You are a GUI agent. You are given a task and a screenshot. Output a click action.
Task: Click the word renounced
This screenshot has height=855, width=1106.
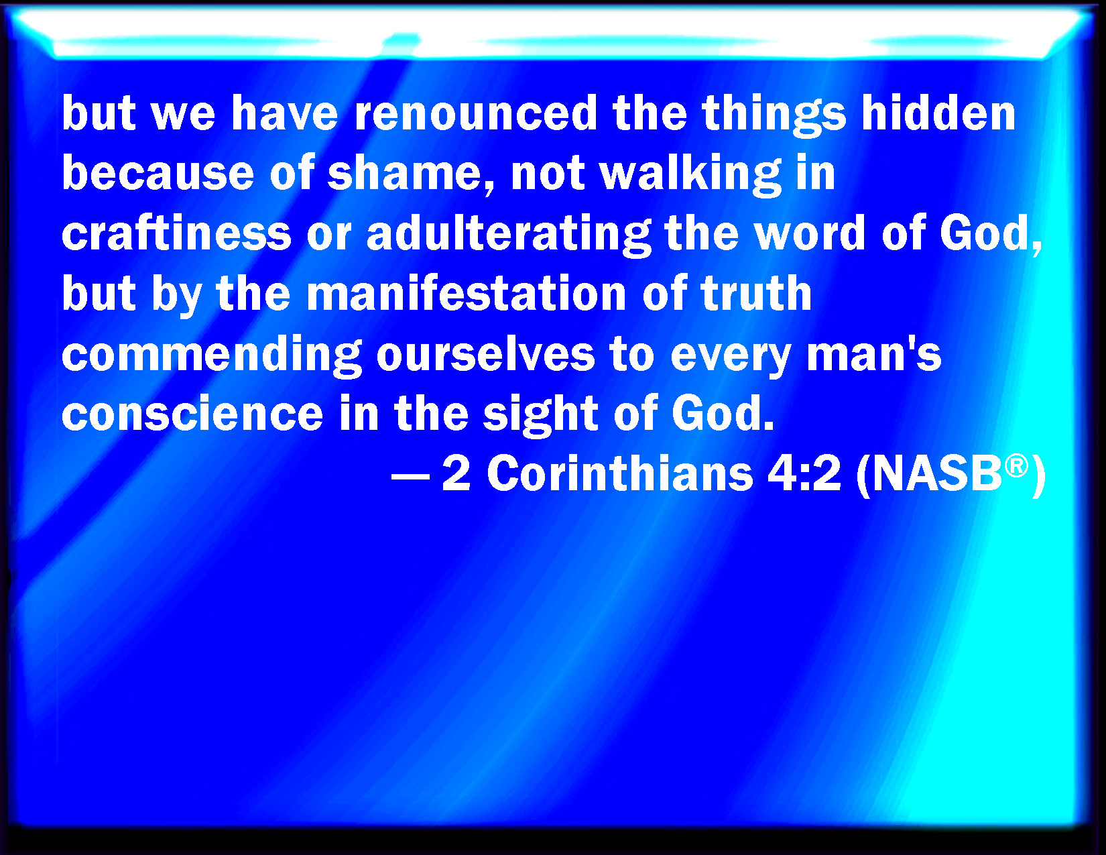point(475,113)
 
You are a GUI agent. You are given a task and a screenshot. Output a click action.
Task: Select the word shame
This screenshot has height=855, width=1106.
point(404,173)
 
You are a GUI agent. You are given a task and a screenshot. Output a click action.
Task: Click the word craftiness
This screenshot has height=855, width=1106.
point(176,233)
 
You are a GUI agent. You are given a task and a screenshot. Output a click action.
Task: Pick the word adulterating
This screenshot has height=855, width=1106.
point(509,235)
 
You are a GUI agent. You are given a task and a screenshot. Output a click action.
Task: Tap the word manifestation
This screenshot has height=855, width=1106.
point(466,293)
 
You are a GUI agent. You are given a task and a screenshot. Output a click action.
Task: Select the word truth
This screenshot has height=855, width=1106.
point(755,293)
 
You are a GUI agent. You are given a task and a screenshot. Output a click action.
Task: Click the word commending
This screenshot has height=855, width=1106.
point(211,355)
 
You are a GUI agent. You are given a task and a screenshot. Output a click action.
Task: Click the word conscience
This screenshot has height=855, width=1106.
point(192,413)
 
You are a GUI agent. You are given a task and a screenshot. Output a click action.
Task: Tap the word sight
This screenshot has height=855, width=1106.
point(540,415)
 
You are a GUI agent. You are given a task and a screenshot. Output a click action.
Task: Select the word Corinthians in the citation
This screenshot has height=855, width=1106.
point(619,473)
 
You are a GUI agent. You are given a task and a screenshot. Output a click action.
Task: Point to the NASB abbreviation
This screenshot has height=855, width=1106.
point(938,473)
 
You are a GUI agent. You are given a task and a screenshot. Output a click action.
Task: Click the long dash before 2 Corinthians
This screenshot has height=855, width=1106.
point(410,477)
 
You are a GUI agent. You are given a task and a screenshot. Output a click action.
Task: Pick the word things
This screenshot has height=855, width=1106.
point(774,115)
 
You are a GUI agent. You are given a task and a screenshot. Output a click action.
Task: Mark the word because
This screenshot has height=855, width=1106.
point(158,173)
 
